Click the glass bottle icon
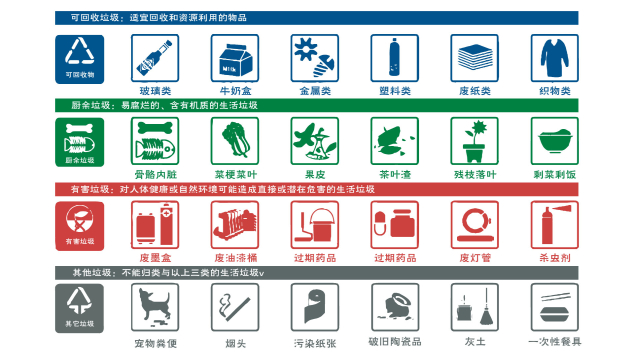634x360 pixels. [155, 58]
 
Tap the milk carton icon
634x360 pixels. [235, 58]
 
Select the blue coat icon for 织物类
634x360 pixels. [555, 58]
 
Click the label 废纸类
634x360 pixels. [475, 91]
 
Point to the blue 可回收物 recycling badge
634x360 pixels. [80, 59]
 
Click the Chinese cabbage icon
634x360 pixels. [235, 141]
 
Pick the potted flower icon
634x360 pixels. [475, 141]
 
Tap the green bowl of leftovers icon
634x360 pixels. [555, 141]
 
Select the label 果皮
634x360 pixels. [315, 175]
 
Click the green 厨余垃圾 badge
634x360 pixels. [80, 142]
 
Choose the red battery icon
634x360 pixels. [155, 225]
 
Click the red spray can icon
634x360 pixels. [555, 225]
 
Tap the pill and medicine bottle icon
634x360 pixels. [395, 225]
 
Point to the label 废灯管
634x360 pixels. [475, 258]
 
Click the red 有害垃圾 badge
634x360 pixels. [80, 226]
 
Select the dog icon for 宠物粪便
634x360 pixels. [155, 307]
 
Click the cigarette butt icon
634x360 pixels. [235, 307]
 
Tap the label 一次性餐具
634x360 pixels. [555, 342]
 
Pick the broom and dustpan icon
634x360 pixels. [475, 307]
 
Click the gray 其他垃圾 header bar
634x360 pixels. [317, 273]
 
